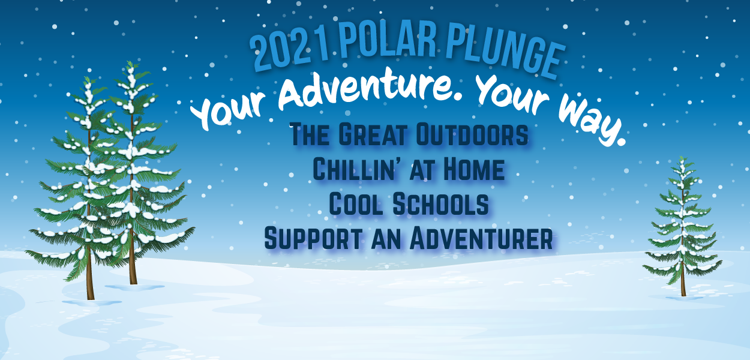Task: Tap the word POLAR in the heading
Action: tap(388, 40)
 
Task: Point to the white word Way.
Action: tap(591, 121)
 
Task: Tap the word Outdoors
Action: tap(472, 134)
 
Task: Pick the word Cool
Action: tap(356, 204)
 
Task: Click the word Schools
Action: tap(440, 204)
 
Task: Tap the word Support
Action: tap(313, 238)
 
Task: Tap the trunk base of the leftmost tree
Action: tap(91, 298)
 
